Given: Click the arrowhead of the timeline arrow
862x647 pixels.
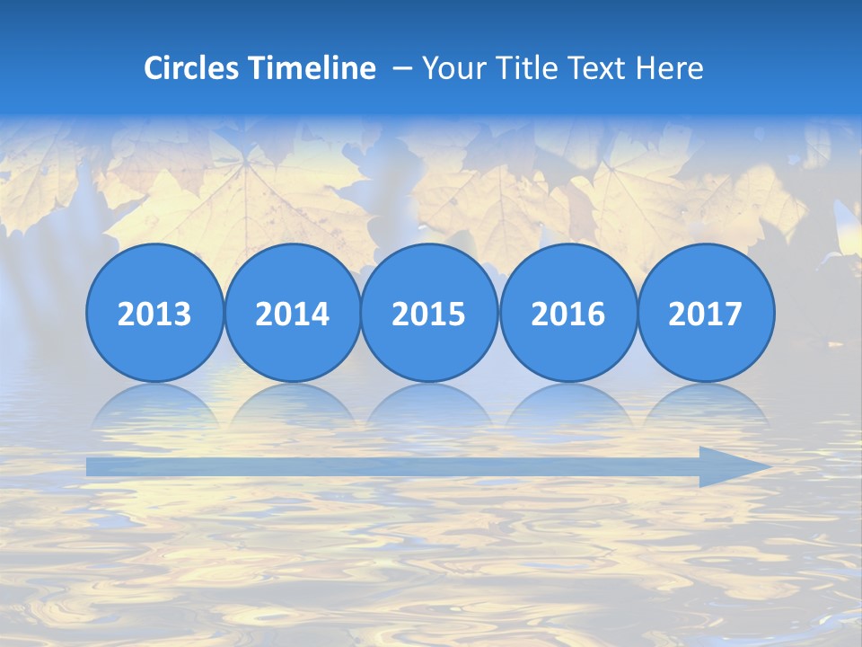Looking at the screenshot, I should coord(736,466).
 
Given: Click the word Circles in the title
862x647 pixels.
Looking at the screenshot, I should coord(193,68).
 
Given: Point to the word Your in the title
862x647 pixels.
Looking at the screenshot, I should coord(452,68).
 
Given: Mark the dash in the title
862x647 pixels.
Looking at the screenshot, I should coord(402,69).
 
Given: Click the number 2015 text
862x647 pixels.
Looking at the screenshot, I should coord(429,315).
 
